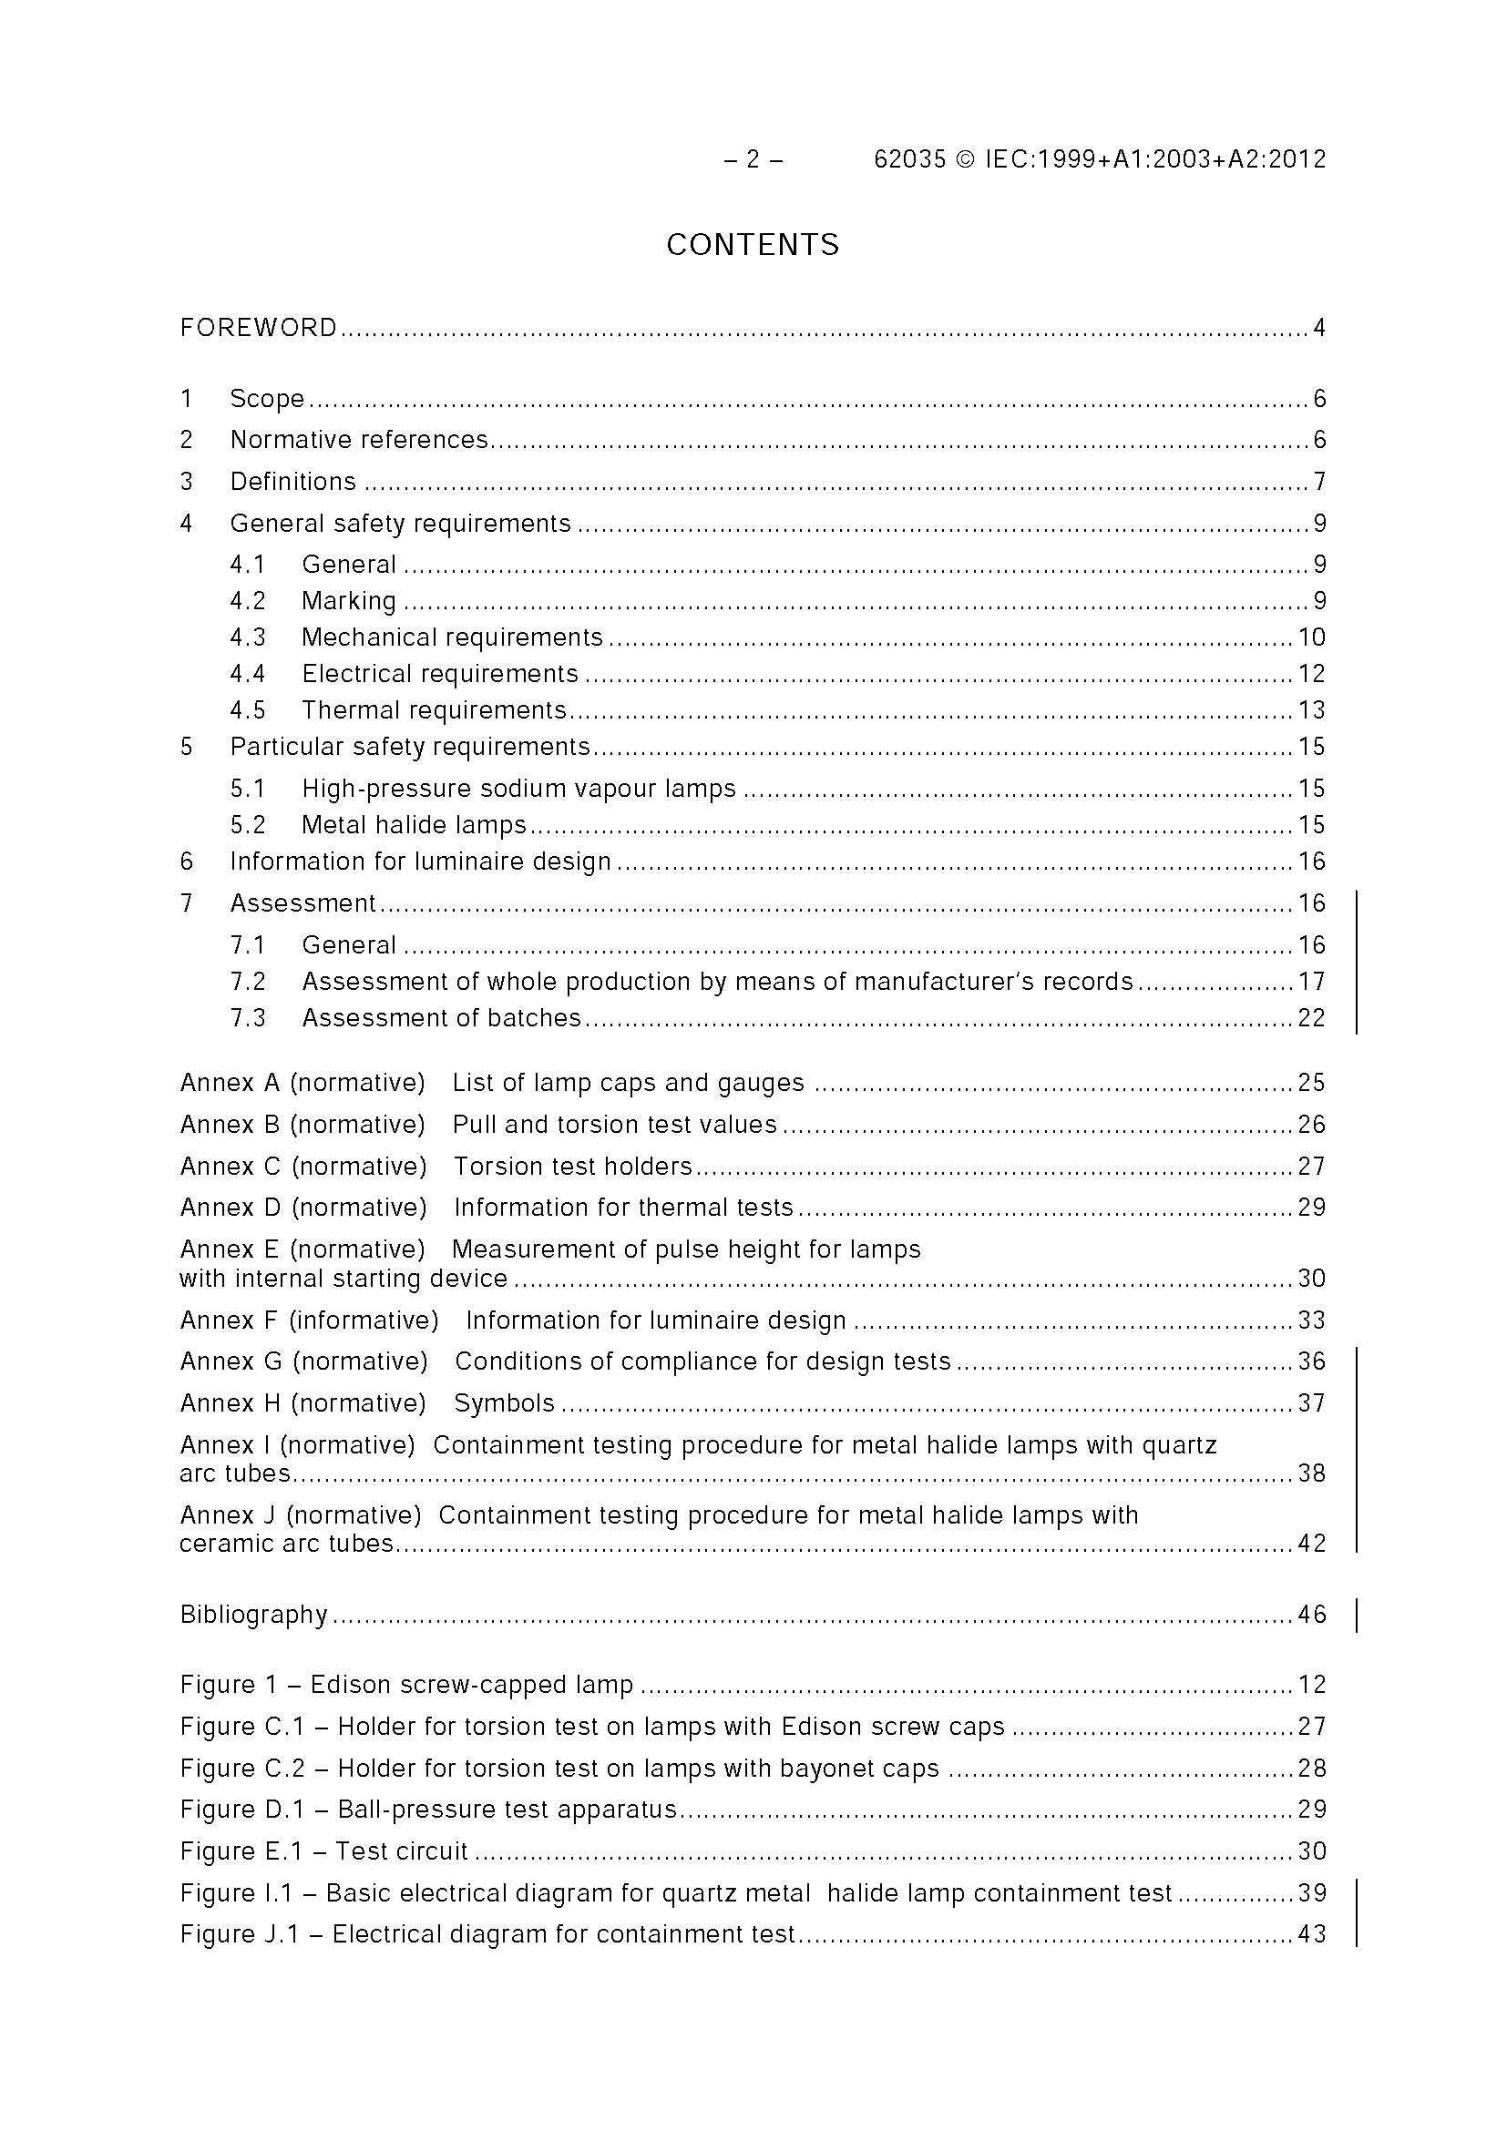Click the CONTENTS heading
752,245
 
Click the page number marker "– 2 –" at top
753,159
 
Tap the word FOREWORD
258,328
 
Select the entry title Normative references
359,440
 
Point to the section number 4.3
248,637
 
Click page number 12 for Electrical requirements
1311,674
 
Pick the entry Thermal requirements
434,711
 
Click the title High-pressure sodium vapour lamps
518,789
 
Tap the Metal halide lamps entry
415,825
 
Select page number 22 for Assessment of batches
1311,1018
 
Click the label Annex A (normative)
302,1083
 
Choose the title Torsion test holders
573,1167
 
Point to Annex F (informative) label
309,1320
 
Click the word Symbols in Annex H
504,1403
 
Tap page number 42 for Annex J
1311,1544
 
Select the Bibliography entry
253,1615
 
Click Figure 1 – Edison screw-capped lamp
406,1685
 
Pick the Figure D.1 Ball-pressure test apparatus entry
428,1810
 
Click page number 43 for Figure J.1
1311,1934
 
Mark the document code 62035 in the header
909,159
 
